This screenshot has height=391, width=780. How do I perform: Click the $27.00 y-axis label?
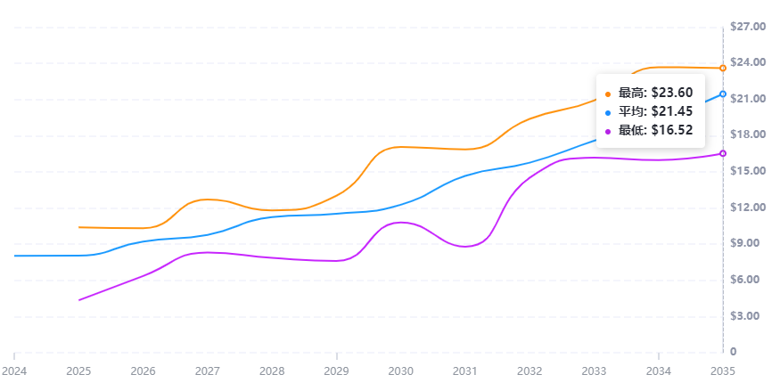point(747,27)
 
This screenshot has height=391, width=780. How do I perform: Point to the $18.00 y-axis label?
point(747,134)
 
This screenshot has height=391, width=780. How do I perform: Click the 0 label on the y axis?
point(733,352)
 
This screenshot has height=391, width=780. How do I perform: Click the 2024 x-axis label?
point(14,370)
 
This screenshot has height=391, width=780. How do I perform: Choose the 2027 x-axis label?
point(208,370)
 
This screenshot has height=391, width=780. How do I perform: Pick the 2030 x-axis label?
point(401,370)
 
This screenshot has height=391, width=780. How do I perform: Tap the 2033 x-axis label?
point(594,370)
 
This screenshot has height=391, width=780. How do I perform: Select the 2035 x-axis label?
point(723,370)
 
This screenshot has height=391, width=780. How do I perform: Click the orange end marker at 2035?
point(723,69)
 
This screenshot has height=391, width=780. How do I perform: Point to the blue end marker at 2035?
point(723,94)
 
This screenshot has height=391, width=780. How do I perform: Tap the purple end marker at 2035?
point(723,154)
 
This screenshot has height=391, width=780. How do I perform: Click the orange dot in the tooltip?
point(609,94)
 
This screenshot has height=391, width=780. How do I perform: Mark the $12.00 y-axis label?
point(747,208)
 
